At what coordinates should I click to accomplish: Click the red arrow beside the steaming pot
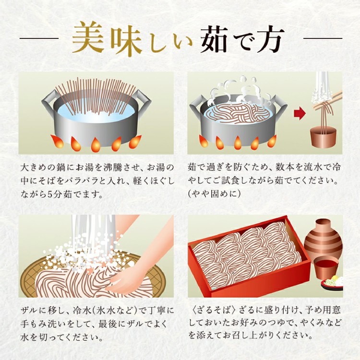(300, 114)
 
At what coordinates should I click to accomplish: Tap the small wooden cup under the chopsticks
(323, 137)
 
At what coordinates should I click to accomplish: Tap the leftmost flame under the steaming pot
(203, 141)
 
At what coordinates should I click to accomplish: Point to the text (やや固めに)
(215, 194)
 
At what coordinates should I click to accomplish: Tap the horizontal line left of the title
(39, 38)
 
